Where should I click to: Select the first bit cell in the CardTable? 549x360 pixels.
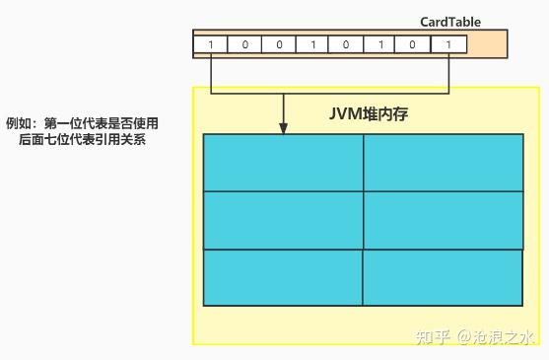click(212, 44)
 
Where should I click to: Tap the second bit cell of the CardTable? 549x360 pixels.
click(246, 44)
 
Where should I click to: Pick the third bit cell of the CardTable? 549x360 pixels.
click(280, 44)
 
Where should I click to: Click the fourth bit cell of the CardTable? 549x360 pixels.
click(313, 44)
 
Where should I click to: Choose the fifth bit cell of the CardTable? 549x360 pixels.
click(348, 44)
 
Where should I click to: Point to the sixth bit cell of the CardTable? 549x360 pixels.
click(381, 44)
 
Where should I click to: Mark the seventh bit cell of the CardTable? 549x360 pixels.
click(415, 44)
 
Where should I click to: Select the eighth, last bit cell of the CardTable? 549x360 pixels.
click(449, 44)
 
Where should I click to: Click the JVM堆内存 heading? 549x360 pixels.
click(369, 113)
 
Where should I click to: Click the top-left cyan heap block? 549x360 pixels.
click(283, 162)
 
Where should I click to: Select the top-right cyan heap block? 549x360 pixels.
click(444, 162)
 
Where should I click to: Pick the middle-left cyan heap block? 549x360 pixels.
click(283, 219)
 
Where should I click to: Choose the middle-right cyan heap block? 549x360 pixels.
click(444, 219)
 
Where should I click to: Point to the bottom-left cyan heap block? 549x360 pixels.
click(283, 277)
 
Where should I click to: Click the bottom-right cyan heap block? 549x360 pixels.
click(444, 277)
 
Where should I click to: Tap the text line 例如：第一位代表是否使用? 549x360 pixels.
click(82, 123)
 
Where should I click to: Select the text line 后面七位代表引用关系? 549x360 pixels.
click(82, 141)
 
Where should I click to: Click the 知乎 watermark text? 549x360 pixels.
click(435, 337)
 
